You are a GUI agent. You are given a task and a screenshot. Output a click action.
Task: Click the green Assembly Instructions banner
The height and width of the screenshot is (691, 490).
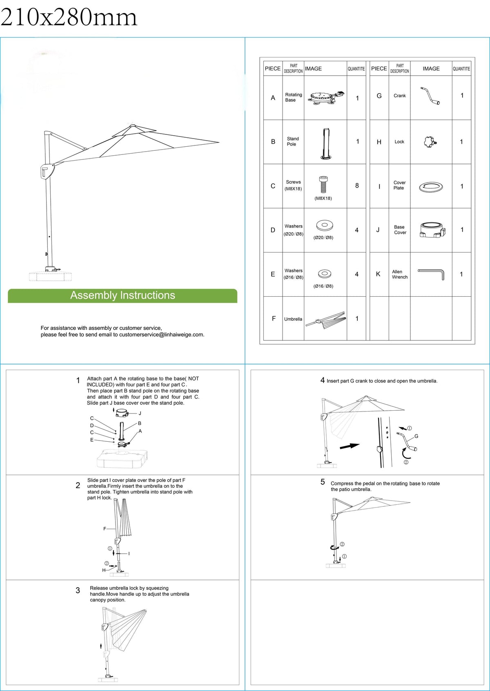(122, 295)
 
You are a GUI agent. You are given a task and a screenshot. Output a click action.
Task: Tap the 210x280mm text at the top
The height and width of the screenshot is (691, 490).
(69, 18)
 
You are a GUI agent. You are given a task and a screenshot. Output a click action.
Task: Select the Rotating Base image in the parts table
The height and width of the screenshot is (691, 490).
(326, 98)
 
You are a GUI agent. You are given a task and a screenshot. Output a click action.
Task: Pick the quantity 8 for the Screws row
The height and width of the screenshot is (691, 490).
(357, 186)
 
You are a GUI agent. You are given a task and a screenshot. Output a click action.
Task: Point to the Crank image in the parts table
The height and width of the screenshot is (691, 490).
(430, 96)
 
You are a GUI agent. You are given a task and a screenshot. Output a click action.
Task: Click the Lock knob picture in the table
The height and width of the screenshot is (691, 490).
(430, 142)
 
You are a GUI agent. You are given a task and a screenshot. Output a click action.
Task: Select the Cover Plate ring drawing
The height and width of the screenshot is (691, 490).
(431, 187)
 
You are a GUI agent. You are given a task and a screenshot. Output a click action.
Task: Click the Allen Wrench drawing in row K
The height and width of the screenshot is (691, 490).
(431, 274)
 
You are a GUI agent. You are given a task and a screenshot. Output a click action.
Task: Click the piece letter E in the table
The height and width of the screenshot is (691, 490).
(273, 274)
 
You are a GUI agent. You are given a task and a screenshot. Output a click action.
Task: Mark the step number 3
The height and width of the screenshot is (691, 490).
(78, 590)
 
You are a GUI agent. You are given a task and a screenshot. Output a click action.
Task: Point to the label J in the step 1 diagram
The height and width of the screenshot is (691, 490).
(140, 414)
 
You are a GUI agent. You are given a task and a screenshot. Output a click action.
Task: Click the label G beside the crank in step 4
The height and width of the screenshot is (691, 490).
(416, 436)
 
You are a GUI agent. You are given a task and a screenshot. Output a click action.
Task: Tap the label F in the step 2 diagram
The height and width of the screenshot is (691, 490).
(105, 529)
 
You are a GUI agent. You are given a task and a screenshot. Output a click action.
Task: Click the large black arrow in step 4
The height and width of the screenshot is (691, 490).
(350, 446)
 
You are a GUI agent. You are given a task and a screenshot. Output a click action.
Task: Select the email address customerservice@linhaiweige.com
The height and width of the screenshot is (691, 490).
(161, 335)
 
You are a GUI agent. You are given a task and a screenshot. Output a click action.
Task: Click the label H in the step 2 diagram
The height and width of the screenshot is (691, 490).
(104, 570)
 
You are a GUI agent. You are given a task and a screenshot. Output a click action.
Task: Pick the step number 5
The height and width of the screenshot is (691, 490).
(323, 482)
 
